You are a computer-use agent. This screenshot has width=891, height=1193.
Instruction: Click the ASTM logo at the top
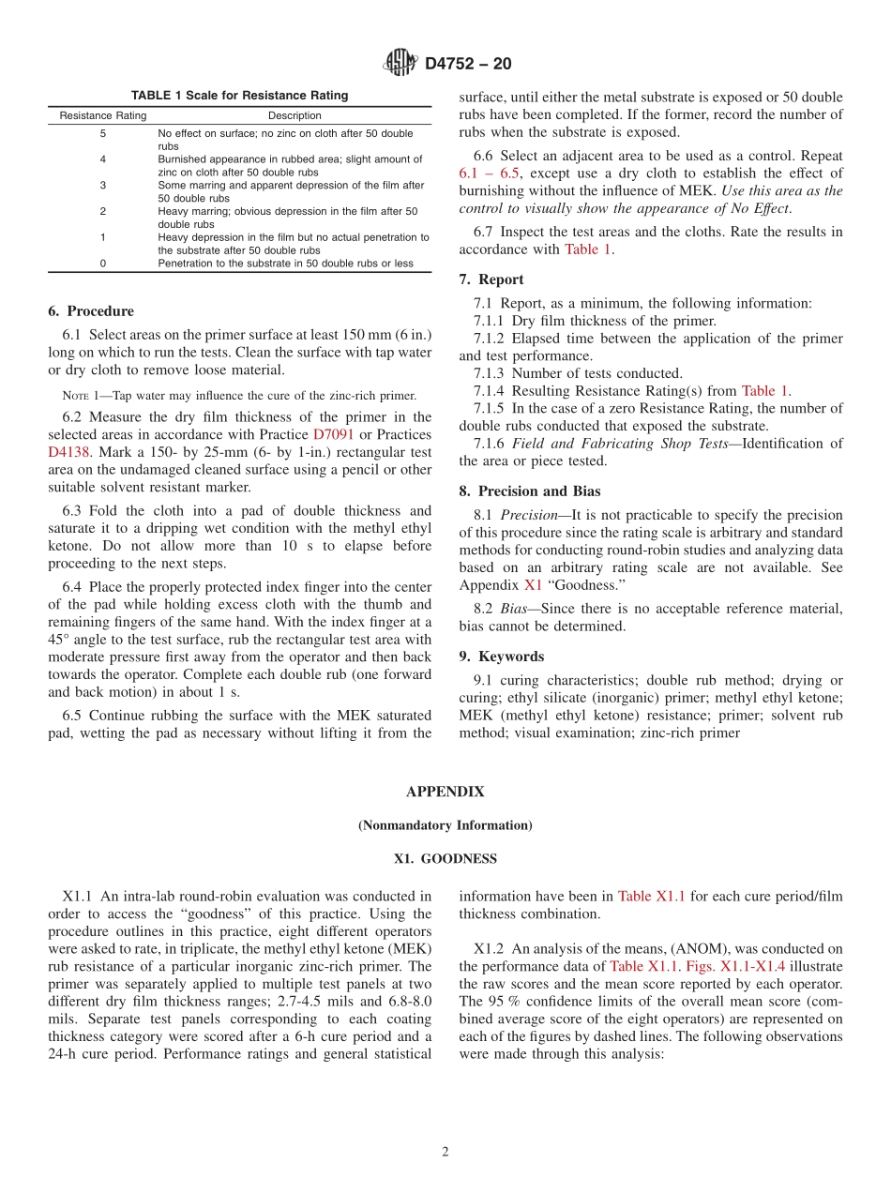(400, 63)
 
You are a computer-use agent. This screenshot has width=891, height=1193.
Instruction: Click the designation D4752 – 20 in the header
(468, 64)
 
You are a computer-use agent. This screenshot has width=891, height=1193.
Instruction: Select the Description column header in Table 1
(294, 116)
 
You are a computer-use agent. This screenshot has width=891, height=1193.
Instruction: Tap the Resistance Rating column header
(103, 116)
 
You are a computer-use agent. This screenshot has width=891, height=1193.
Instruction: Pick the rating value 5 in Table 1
(103, 134)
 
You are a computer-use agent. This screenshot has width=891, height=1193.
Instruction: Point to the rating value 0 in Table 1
(103, 264)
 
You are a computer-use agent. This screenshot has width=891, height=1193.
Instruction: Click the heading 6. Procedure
(91, 311)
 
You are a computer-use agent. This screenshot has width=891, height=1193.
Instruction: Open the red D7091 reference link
(333, 434)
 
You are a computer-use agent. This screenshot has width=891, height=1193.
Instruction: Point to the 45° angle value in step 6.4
(58, 640)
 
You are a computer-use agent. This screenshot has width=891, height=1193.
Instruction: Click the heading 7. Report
(491, 279)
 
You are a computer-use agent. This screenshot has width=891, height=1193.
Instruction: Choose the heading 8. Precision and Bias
(530, 491)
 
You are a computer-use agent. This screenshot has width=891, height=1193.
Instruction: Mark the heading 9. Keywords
(501, 657)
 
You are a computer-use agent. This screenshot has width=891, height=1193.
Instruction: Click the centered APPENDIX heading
(445, 792)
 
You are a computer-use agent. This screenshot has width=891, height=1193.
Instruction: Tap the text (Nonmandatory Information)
(445, 825)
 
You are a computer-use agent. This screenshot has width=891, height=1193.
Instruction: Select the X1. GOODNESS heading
(445, 859)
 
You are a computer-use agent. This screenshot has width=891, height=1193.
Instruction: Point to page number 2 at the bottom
(445, 1153)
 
